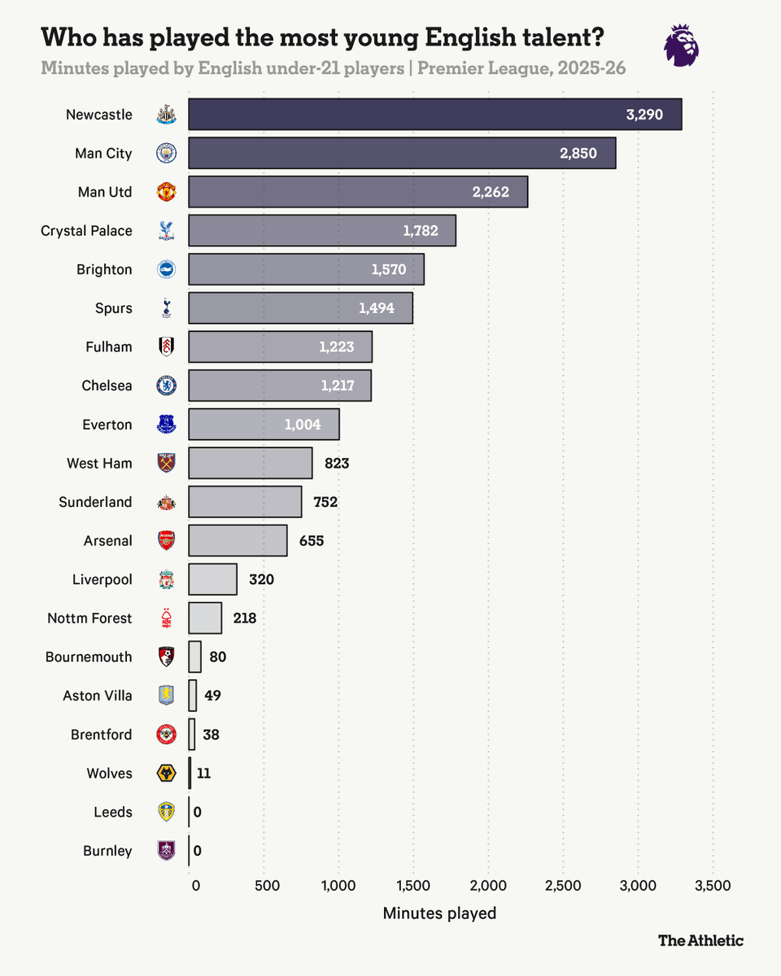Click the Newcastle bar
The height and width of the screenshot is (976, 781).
tap(434, 115)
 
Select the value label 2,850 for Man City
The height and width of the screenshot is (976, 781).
tap(578, 154)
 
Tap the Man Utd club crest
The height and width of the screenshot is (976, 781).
tap(166, 193)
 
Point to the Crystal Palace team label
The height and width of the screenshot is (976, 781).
tap(86, 231)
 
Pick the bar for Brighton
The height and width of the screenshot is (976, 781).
tap(306, 269)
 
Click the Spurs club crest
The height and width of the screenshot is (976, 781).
tap(166, 308)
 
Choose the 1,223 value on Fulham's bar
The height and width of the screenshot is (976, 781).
tap(337, 347)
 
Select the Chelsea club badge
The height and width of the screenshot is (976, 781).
tap(166, 386)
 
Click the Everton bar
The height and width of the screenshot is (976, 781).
tap(264, 425)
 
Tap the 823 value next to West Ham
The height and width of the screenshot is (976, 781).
tap(337, 464)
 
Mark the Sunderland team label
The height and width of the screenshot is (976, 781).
tap(95, 502)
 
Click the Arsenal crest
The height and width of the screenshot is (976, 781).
tap(166, 541)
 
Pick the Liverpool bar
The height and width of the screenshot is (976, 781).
tap(212, 580)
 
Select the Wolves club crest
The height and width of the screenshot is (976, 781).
tap(166, 773)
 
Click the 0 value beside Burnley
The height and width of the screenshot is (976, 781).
tap(197, 851)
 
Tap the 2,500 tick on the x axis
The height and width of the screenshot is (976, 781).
tap(563, 886)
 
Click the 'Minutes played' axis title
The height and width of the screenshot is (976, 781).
tap(439, 913)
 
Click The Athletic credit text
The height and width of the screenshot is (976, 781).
tap(700, 940)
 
